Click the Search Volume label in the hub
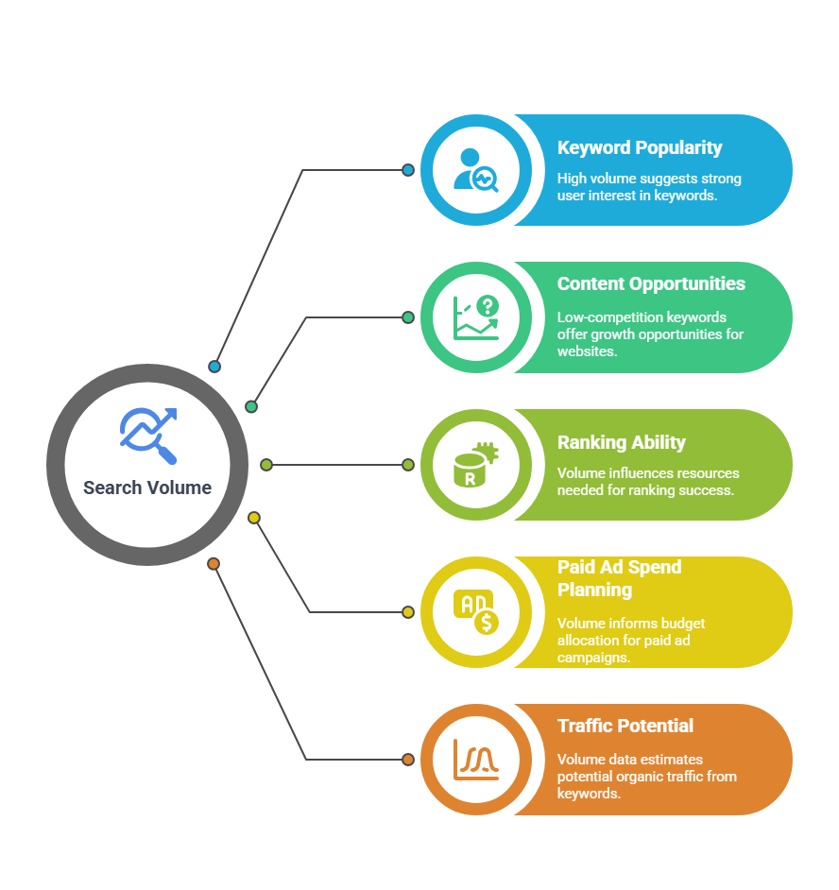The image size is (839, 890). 147,488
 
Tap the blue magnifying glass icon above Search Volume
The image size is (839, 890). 148,436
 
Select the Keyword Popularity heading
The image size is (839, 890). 640,148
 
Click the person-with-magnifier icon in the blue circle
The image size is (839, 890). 475,170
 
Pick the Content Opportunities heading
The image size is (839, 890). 651,283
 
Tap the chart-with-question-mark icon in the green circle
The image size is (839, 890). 475,317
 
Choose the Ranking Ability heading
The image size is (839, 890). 622,443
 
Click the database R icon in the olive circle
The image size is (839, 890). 475,465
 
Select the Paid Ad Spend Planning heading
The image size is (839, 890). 619,578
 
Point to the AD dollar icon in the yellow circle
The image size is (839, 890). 475,612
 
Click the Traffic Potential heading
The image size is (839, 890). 625,726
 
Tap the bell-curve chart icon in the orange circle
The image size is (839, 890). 475,760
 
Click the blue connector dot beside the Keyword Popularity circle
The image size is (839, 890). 407,170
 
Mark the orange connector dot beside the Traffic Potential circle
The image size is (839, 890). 407,760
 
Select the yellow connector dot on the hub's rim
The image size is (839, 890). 254,518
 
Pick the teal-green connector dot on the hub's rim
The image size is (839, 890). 251,406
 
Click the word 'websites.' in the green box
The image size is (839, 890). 587,351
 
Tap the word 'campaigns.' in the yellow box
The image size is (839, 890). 593,658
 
